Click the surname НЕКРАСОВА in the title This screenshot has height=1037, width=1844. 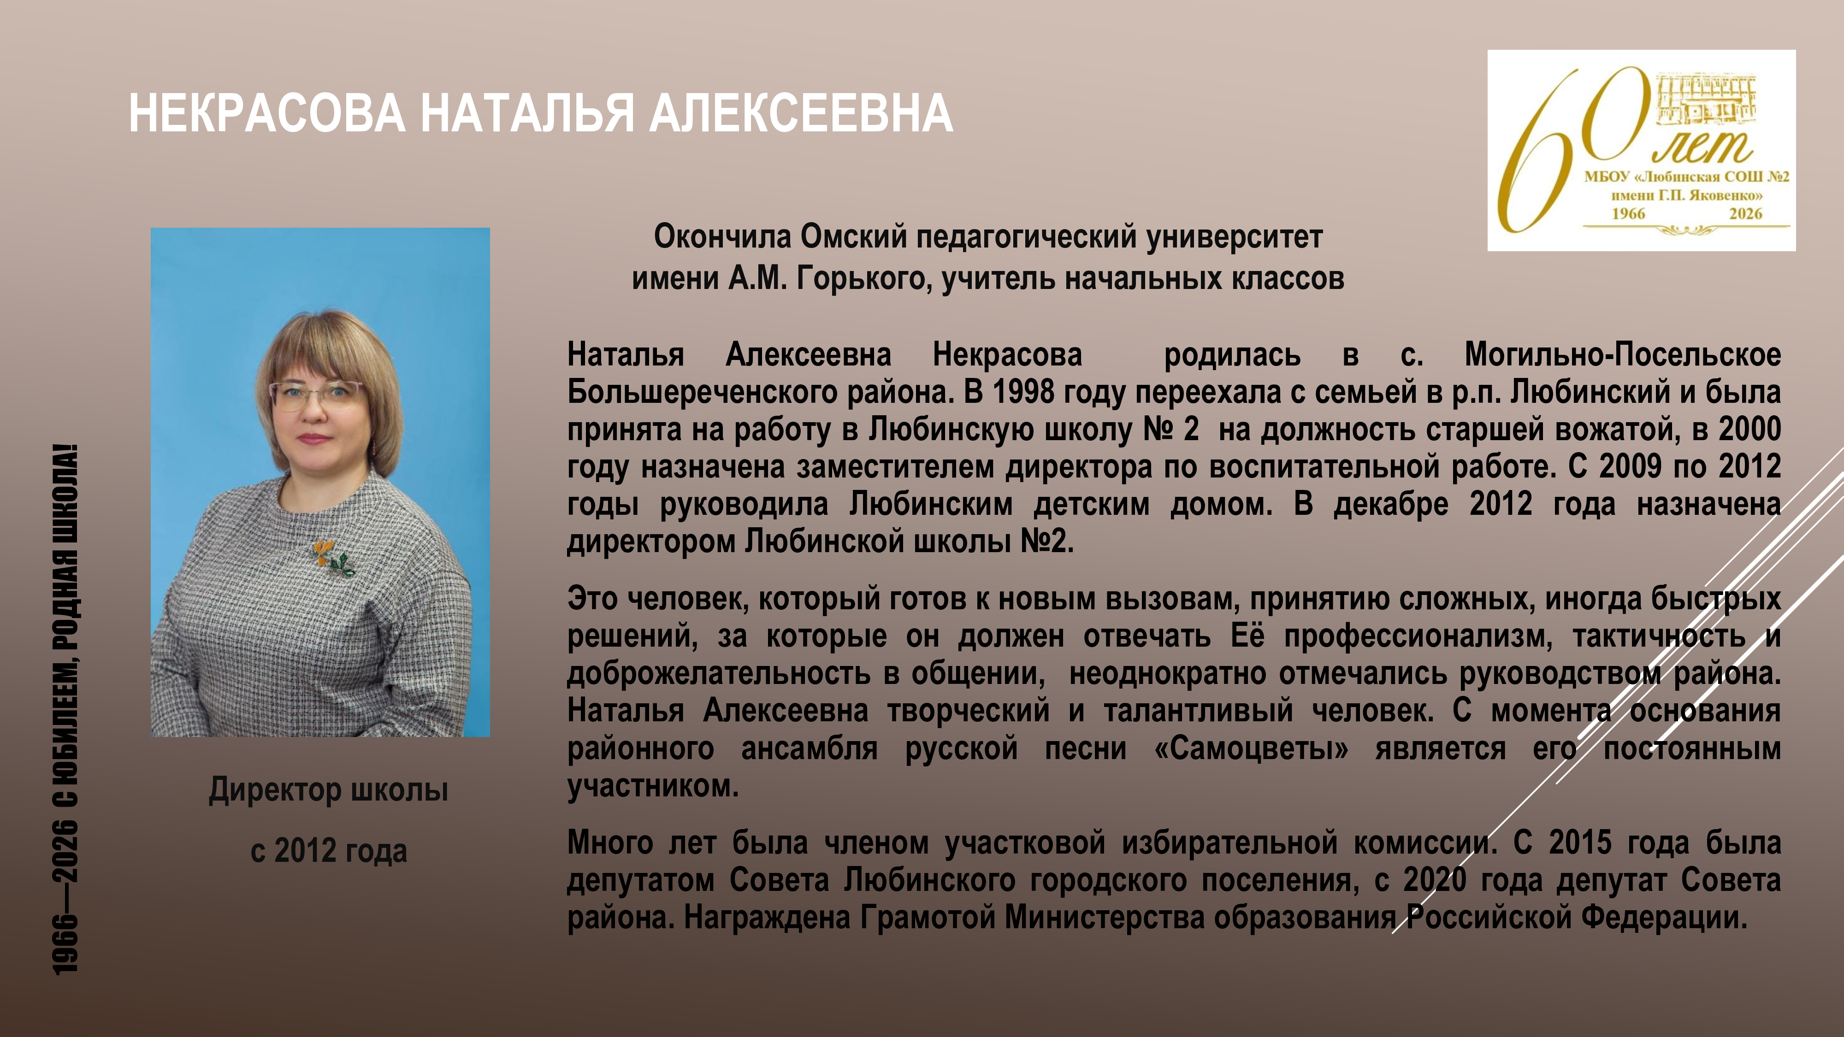(267, 113)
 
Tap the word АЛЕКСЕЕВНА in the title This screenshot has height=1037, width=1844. (801, 113)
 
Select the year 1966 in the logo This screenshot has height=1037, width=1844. (1629, 213)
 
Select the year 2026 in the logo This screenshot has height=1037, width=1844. (1745, 213)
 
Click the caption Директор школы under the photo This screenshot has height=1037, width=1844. (329, 790)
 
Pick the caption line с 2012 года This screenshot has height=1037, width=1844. (329, 850)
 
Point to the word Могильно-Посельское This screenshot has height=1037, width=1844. (1623, 355)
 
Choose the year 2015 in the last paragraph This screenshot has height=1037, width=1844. (1580, 843)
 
